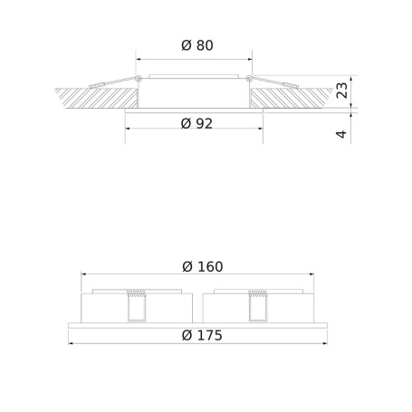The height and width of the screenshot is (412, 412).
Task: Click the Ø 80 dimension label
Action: click(x=197, y=45)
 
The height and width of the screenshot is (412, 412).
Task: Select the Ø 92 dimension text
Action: click(x=196, y=124)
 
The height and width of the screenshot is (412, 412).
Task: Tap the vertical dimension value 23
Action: click(x=340, y=91)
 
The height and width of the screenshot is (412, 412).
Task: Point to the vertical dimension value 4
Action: click(x=340, y=134)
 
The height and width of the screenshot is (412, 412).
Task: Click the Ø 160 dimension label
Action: click(x=202, y=266)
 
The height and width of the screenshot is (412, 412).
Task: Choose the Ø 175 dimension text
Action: click(x=202, y=335)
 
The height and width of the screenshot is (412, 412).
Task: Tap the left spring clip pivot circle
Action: click(x=137, y=81)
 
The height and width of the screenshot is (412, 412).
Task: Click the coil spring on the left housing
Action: click(x=137, y=294)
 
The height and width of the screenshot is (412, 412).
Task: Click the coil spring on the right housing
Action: click(x=258, y=294)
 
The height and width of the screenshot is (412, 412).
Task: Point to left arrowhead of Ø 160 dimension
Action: click(x=84, y=274)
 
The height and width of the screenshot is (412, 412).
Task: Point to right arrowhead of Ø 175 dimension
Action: click(x=324, y=343)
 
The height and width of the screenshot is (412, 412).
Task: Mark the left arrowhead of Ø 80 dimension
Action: click(x=139, y=59)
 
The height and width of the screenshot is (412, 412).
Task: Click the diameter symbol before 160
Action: click(x=187, y=266)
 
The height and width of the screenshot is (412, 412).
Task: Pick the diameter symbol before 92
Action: click(x=186, y=124)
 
